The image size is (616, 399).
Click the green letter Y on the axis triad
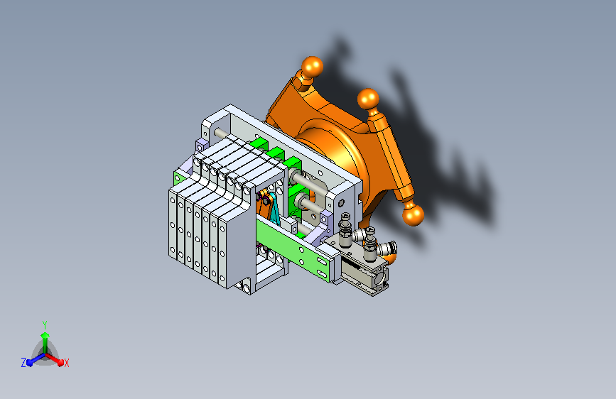tap(44, 324)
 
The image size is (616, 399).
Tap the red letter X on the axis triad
tap(66, 363)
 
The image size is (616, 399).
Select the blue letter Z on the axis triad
tap(23, 362)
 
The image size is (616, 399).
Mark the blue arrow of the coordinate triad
tap(32, 361)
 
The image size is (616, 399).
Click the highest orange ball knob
tap(311, 67)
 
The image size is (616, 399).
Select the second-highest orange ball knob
tap(367, 99)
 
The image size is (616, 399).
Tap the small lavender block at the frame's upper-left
tap(201, 146)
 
